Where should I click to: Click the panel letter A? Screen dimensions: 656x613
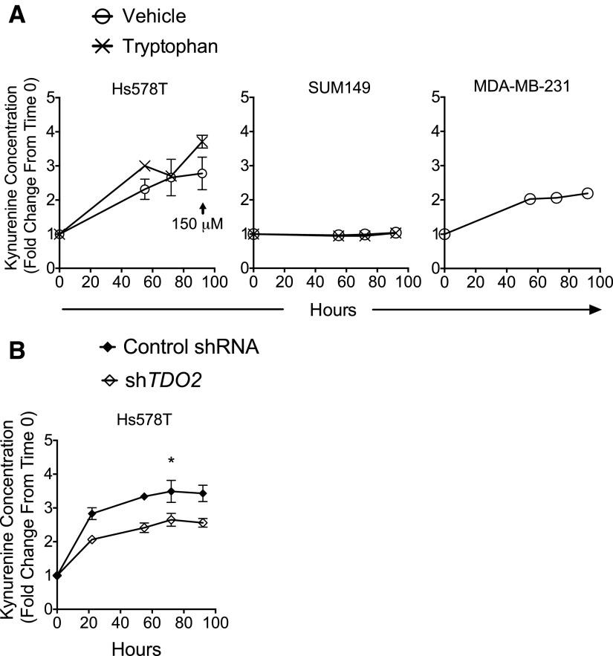16,16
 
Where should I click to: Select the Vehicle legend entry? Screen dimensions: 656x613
146,16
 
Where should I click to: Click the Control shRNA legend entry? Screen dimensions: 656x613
190,346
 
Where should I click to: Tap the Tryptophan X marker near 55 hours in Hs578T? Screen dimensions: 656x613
145,166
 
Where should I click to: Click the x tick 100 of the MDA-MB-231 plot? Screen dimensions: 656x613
600,282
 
